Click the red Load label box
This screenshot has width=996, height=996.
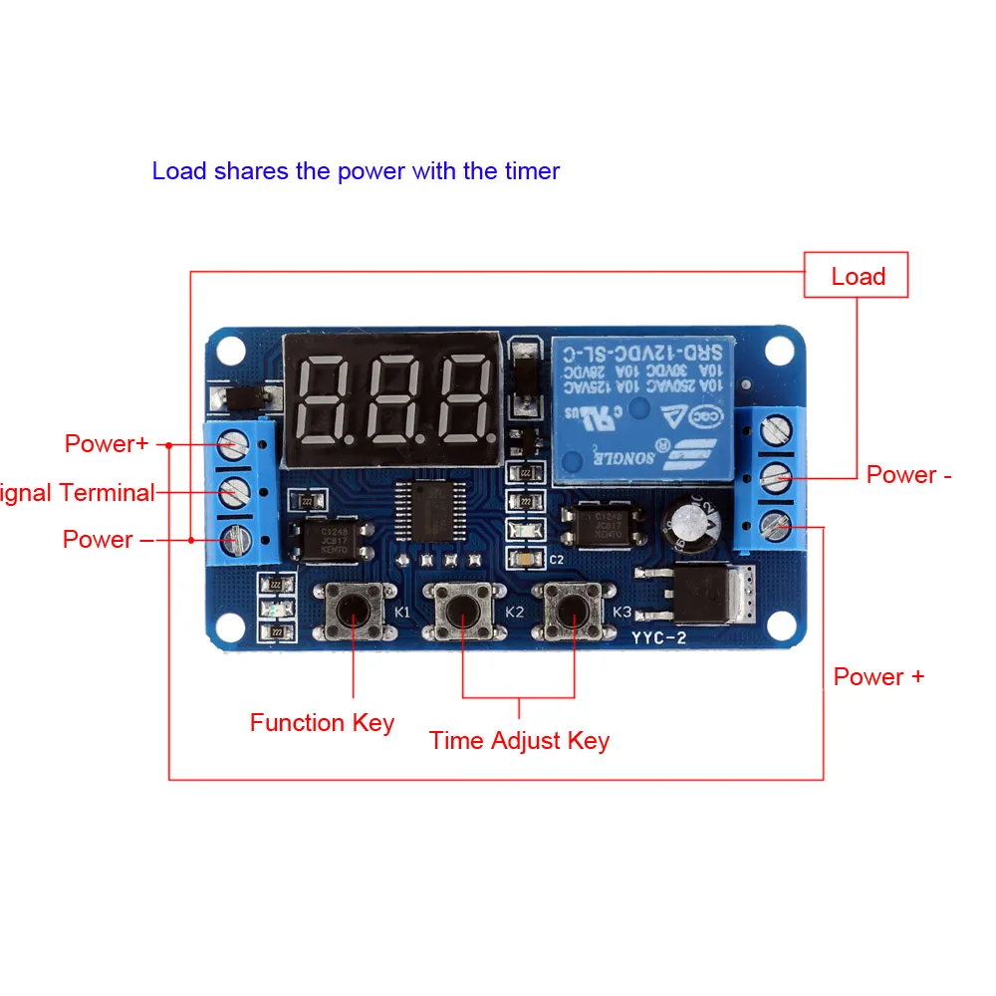pos(857,275)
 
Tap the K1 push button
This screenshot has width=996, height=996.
pos(354,609)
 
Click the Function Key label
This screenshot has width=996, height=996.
pos(322,723)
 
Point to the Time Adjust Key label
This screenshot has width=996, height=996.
pos(519,741)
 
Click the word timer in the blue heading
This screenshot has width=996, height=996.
pos(532,171)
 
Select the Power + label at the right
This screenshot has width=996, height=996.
pos(878,677)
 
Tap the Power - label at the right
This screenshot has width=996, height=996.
pos(908,475)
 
